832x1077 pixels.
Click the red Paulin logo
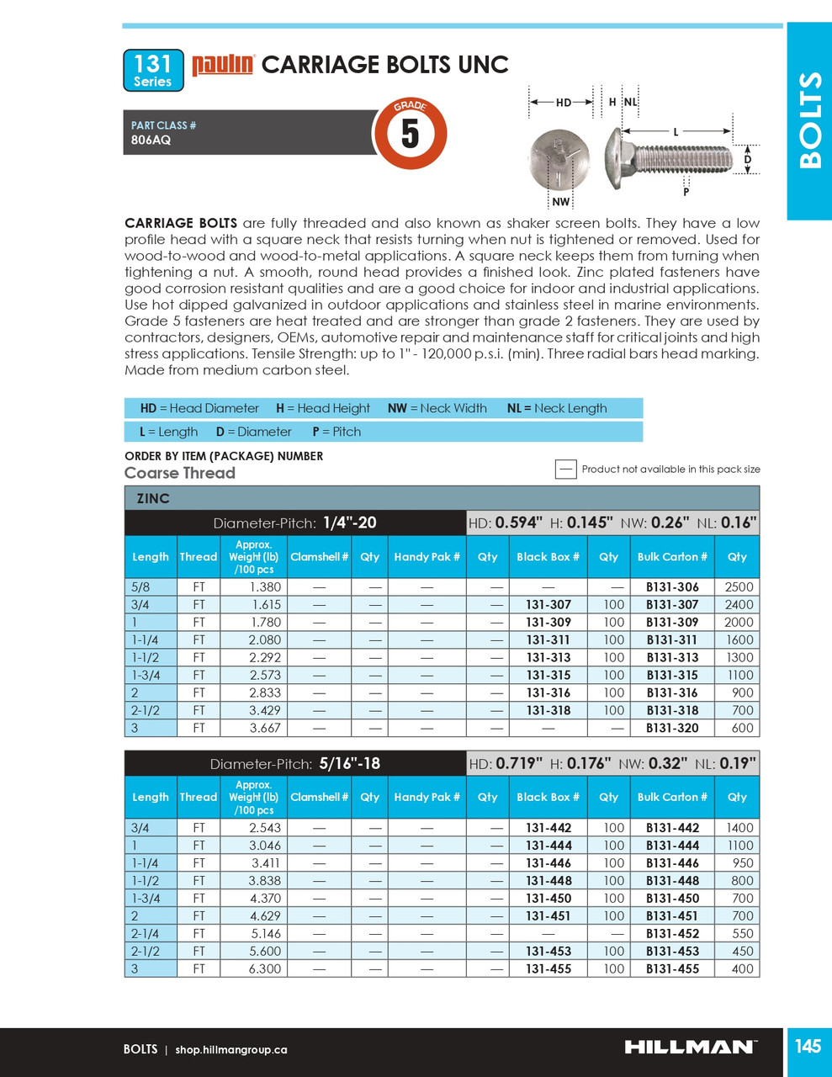[223, 65]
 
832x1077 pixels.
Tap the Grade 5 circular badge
[410, 133]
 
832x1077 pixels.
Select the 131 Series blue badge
[153, 70]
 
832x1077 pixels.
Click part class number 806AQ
[151, 140]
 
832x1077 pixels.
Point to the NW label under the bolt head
[560, 202]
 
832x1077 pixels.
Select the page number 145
[808, 1046]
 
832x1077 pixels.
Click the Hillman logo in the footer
[690, 1047]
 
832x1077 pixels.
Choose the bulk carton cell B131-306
[672, 587]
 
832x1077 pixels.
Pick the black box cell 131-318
[548, 710]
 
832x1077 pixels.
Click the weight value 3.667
[265, 728]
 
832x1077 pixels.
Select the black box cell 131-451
[548, 915]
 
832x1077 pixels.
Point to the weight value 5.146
[265, 933]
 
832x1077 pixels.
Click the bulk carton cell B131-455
[672, 968]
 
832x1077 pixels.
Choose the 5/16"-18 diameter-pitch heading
[349, 764]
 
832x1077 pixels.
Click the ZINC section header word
[153, 498]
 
